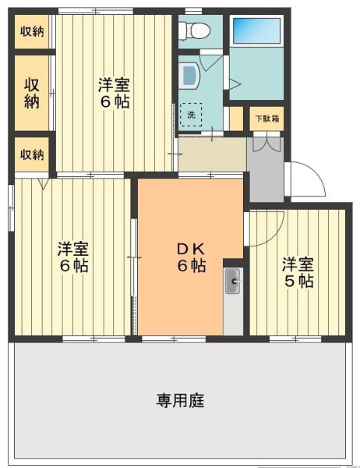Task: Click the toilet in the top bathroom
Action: [x=193, y=32]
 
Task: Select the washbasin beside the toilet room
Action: [x=189, y=75]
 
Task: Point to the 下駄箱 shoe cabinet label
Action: [x=266, y=119]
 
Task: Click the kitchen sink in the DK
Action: [x=232, y=282]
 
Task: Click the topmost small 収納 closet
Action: [x=32, y=32]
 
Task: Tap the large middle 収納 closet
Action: [x=32, y=92]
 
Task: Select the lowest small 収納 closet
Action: [x=32, y=154]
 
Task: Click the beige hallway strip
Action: [x=211, y=153]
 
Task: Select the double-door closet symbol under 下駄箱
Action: [x=266, y=142]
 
